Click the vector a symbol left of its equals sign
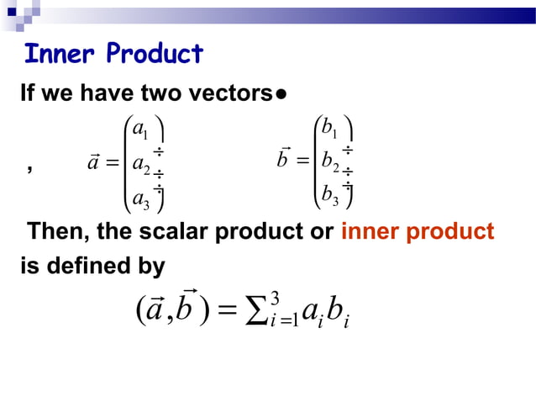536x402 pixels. click(x=93, y=160)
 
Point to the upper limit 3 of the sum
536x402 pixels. click(x=275, y=298)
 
